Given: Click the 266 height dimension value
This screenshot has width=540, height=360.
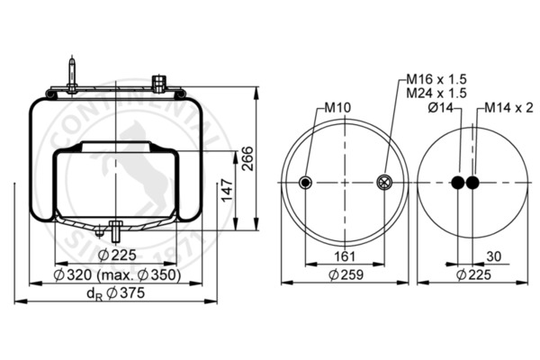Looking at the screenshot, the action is click(x=247, y=158).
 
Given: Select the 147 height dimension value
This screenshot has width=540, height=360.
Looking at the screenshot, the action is click(x=227, y=190).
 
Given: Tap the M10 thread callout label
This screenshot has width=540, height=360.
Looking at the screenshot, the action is click(x=337, y=108).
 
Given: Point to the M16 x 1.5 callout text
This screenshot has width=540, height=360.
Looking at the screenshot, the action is click(x=436, y=79).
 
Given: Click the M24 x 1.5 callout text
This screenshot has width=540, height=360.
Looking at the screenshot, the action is click(x=436, y=93).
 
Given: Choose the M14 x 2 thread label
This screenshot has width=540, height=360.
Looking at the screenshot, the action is click(x=508, y=108).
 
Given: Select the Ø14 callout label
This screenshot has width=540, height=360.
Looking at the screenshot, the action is click(x=441, y=108).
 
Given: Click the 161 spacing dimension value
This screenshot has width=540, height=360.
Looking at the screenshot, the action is click(x=345, y=256).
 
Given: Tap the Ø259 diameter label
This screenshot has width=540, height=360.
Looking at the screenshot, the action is click(x=346, y=274).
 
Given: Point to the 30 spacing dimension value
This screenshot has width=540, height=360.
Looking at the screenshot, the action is click(x=494, y=256).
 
